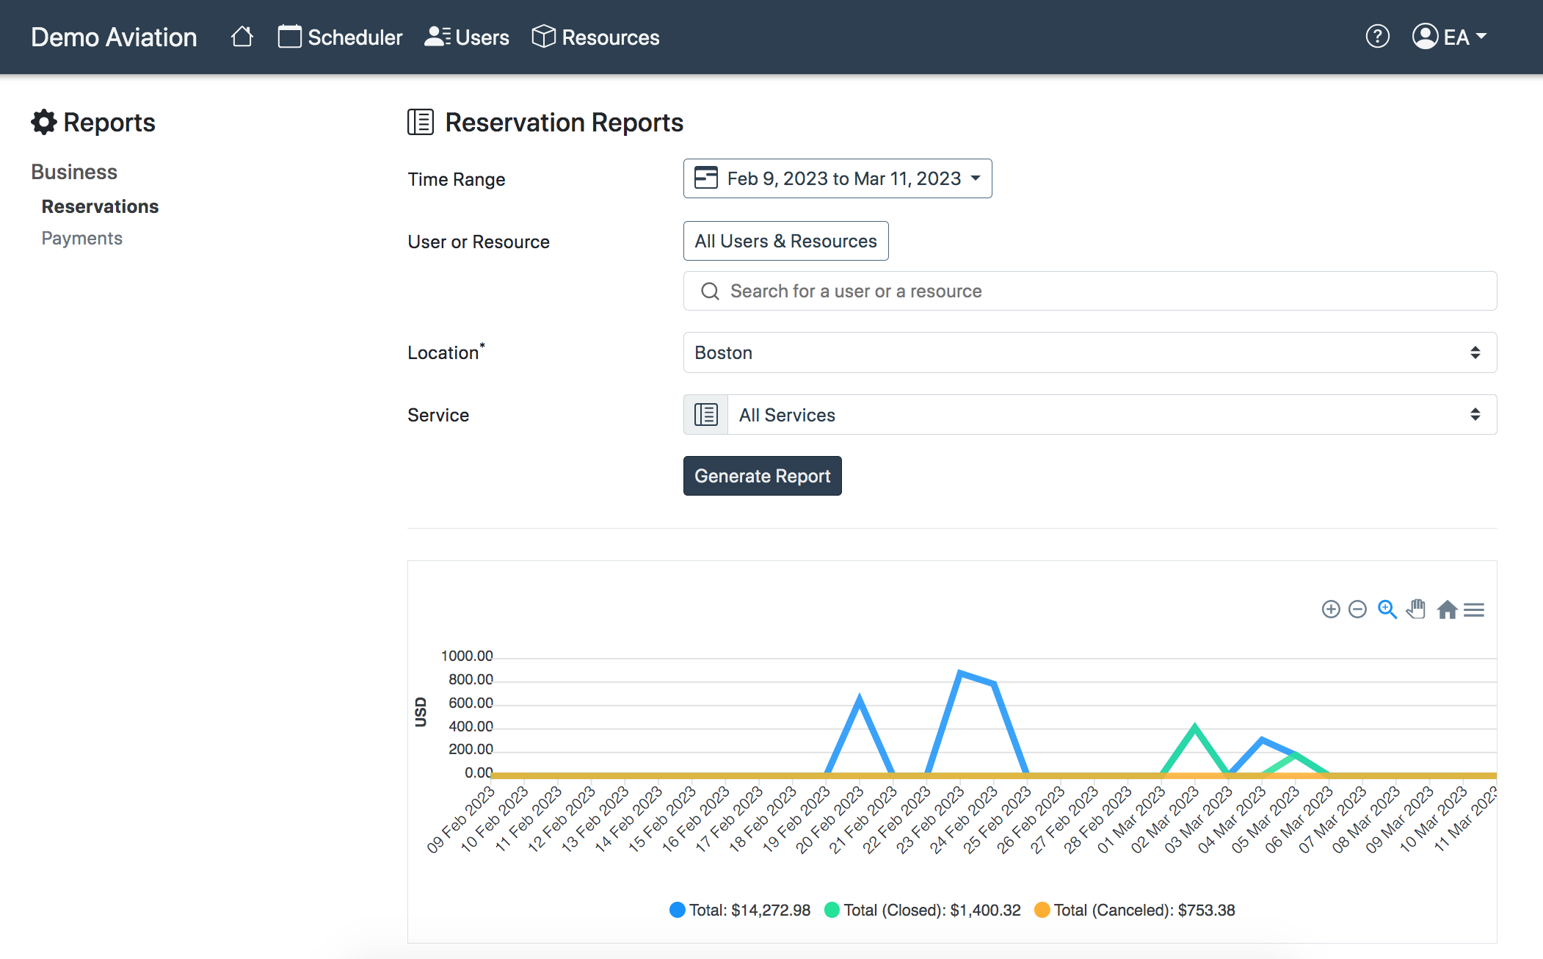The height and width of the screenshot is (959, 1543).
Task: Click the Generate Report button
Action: click(x=762, y=476)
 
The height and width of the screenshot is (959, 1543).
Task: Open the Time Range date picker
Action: click(x=838, y=178)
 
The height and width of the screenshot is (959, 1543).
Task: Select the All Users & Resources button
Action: click(x=785, y=241)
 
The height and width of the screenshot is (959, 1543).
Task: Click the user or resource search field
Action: click(x=1090, y=291)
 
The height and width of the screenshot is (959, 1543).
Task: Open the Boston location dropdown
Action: click(x=1090, y=352)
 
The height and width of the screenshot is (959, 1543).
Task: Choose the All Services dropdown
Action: click(x=1090, y=415)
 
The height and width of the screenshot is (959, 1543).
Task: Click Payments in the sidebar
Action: click(x=82, y=238)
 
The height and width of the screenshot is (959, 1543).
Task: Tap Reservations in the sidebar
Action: click(x=100, y=206)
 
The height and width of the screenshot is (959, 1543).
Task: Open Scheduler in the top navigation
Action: click(x=340, y=37)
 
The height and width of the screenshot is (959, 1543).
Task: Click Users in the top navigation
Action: click(x=467, y=37)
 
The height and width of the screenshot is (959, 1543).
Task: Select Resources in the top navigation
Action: click(x=595, y=37)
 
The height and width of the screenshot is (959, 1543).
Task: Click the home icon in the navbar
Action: click(x=242, y=36)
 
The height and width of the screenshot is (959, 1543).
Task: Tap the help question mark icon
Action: click(x=1378, y=36)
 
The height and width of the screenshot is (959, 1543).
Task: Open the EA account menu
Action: click(x=1450, y=37)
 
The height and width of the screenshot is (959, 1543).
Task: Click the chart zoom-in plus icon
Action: click(x=1331, y=609)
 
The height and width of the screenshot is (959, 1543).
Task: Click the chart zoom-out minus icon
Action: click(x=1358, y=609)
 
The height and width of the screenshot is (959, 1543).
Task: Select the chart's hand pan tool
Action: click(x=1416, y=609)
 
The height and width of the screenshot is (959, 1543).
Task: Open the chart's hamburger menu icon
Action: click(x=1474, y=609)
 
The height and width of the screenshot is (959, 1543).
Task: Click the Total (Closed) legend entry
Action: click(x=923, y=910)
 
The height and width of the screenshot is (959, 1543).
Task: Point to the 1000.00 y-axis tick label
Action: click(x=467, y=656)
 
